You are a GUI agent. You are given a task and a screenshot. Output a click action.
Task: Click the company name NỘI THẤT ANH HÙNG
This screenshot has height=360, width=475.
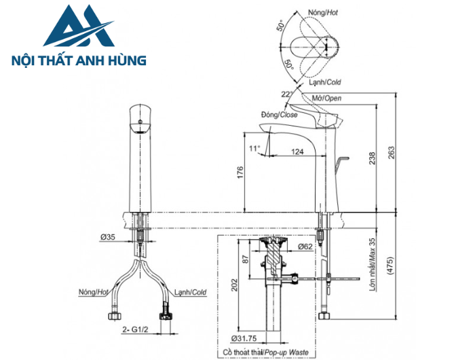[x=80, y=61]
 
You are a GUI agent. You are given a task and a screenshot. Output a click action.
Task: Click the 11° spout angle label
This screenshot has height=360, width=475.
[x=254, y=148]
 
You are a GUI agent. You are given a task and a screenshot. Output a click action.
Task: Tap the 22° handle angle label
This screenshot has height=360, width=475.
[x=287, y=94]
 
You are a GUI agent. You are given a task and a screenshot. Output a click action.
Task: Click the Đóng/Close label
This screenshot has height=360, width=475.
[x=279, y=115]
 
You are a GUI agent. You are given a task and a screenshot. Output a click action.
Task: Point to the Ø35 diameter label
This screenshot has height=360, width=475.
[x=107, y=237]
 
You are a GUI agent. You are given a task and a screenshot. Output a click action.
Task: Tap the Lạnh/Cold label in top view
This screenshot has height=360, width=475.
[x=324, y=82]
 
